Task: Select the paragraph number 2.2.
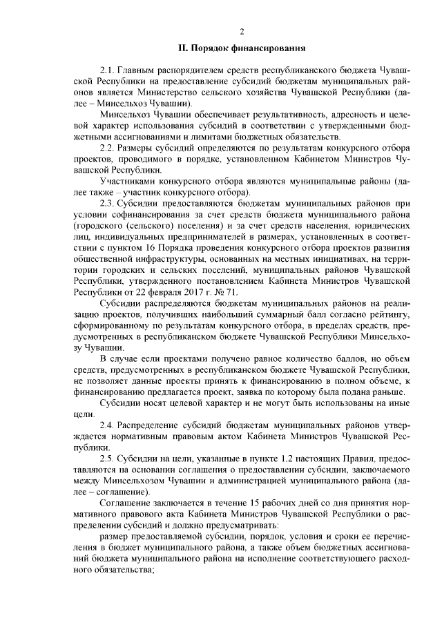pyautogui.click(x=108, y=148)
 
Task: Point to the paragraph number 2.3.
pyautogui.click(x=108, y=204)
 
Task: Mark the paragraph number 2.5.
pyautogui.click(x=108, y=460)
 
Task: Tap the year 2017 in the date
pyautogui.click(x=175, y=292)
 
